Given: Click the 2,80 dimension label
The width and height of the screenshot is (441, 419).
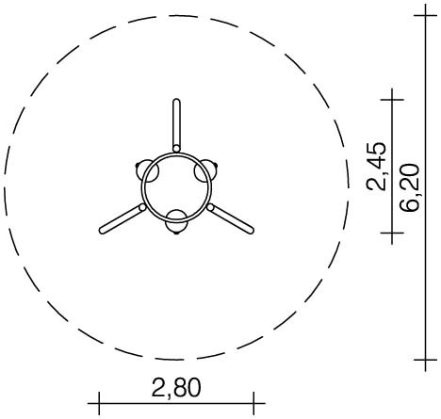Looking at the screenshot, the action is click(x=176, y=388).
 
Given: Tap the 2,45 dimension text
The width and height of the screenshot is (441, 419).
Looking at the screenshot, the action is click(x=376, y=167).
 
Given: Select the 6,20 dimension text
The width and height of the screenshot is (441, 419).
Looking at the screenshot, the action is click(x=410, y=187).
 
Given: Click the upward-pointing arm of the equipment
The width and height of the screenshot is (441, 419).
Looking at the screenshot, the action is click(x=177, y=125).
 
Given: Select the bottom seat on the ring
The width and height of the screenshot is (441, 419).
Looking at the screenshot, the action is click(x=176, y=221).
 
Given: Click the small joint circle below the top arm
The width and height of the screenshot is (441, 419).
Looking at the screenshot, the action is click(x=177, y=149).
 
